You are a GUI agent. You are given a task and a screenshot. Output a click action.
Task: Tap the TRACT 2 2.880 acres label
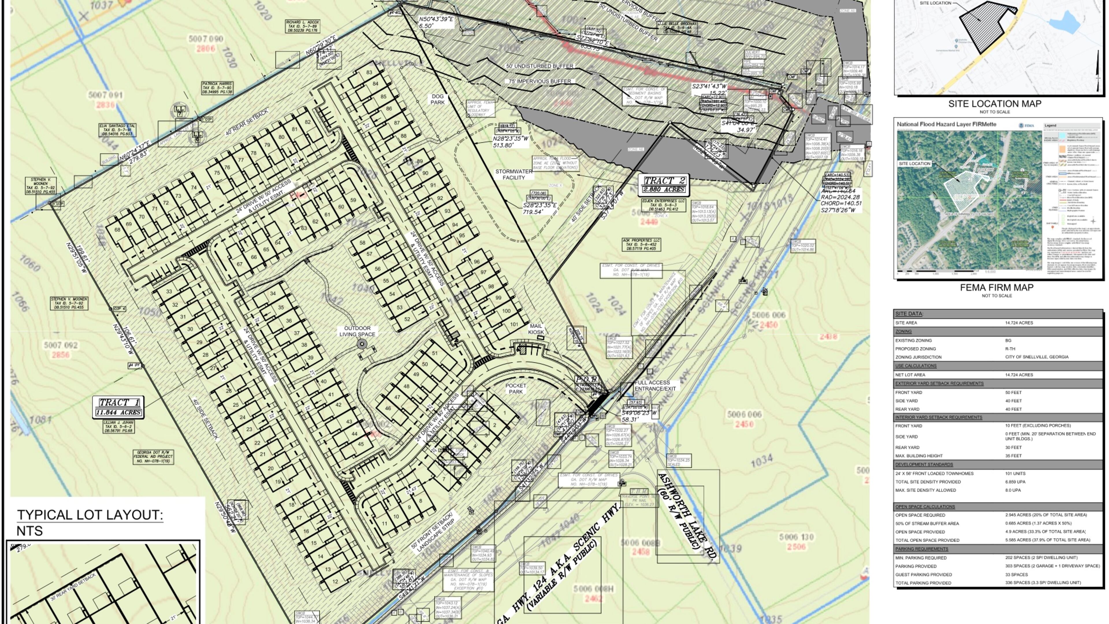point(663,185)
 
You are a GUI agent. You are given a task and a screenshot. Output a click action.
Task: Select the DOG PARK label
point(438,99)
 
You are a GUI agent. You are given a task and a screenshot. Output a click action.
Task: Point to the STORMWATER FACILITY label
point(513,174)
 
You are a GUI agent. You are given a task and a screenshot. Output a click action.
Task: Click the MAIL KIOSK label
point(536,329)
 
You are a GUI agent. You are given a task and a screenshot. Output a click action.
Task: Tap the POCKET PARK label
point(516,389)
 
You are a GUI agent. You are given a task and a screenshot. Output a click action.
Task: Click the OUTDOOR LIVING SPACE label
point(357,331)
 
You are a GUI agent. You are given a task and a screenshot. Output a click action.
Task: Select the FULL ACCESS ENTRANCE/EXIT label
point(654,385)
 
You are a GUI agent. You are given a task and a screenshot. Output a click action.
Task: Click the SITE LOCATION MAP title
point(994,104)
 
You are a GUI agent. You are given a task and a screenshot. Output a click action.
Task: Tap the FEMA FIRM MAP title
point(996,287)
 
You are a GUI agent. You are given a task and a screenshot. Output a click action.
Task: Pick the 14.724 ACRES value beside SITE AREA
point(1019,323)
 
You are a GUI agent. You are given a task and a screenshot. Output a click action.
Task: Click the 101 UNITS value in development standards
point(1015,473)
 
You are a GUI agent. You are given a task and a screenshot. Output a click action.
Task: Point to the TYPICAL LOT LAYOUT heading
point(90,515)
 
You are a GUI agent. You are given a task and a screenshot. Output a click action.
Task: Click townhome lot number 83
point(369,72)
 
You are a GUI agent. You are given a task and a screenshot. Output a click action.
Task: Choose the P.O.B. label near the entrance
point(587,379)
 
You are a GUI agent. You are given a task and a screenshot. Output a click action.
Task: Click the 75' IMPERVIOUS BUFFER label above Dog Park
point(539,81)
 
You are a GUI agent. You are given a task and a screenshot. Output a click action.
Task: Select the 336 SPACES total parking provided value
point(1043,583)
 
